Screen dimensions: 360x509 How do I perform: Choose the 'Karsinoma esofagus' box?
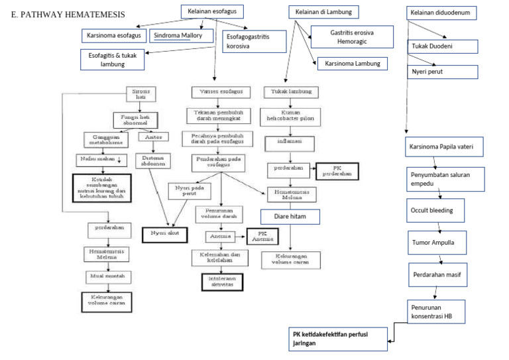point(113,34)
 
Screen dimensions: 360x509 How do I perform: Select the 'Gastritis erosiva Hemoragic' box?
point(353,36)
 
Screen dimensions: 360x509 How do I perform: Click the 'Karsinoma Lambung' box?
point(352,64)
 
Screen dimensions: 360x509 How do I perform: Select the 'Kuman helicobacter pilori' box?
point(292,117)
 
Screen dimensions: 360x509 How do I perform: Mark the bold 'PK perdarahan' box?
point(338,171)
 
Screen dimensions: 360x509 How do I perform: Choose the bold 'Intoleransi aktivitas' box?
point(222,282)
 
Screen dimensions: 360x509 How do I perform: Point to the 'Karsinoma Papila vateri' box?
point(441,146)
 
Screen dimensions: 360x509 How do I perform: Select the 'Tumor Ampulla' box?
point(433,243)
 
